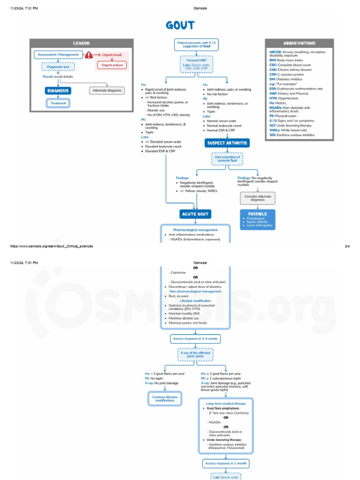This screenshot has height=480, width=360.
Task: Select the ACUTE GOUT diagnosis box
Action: pos(195,214)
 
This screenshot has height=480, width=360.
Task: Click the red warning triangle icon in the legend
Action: pos(89,55)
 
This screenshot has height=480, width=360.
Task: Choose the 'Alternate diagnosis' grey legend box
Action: pos(107,90)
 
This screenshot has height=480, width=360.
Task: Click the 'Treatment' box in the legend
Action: pos(58,103)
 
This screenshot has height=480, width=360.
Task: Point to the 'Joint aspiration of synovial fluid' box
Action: pos(227,159)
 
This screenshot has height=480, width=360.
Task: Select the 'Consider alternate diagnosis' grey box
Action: pos(257,198)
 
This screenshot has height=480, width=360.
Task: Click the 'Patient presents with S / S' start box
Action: pos(197,45)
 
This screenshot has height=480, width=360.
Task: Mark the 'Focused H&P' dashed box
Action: pos(196,64)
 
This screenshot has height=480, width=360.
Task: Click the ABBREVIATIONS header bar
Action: pos(299,43)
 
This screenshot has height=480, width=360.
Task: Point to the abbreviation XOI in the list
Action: pos(272,135)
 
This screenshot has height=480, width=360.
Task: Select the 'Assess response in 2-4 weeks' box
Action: pos(195,339)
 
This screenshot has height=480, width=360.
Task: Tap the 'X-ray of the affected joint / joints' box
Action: pos(195,354)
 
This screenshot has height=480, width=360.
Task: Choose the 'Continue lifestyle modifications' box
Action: pos(165,398)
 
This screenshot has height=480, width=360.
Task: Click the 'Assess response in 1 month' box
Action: pos(226,463)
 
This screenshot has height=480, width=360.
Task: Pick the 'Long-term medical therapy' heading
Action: pos(226,403)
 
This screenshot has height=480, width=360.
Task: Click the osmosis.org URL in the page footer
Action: pos(49,246)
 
